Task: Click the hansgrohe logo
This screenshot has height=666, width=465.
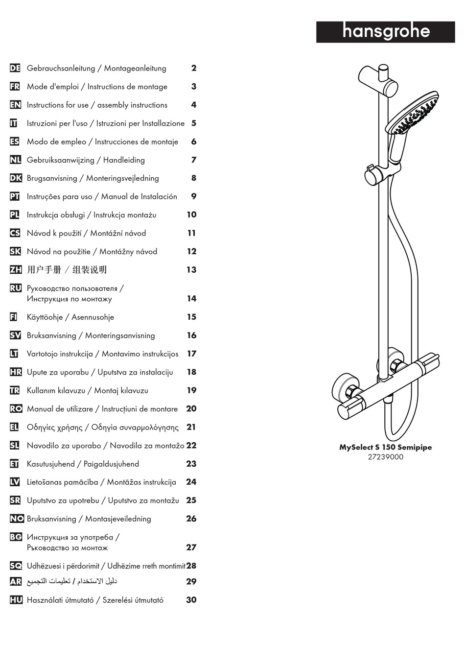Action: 386,32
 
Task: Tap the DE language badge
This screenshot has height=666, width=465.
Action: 15,68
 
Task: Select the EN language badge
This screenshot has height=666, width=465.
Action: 15,105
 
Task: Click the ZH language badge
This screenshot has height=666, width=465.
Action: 15,269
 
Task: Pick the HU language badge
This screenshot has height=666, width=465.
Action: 16,600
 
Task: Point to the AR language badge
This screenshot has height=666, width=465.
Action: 16,581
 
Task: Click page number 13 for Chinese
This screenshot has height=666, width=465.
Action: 191,269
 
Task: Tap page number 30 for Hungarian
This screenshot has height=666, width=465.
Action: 191,600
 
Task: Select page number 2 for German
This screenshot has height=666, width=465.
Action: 194,68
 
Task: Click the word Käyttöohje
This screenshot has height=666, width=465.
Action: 45,317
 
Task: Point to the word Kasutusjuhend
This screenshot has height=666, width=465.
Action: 51,464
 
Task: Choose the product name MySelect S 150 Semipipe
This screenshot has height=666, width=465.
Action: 386,447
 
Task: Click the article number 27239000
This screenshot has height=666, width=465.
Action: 386,457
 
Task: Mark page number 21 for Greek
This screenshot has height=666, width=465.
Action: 191,427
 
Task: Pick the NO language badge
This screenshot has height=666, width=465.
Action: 16,519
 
